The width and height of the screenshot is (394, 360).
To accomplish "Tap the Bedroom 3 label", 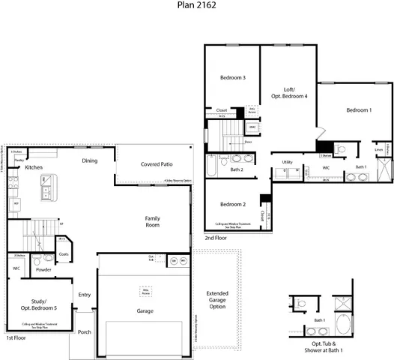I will tap(232, 78).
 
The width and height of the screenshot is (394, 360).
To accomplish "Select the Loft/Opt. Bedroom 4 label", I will tap(289, 91).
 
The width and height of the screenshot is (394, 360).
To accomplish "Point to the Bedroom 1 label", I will tap(358, 110).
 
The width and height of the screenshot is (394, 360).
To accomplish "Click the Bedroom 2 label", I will tap(233, 204).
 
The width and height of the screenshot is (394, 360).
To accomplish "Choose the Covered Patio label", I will tap(156, 164).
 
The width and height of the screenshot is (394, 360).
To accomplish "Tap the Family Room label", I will tap(152, 221).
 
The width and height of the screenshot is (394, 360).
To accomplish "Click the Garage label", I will tap(145, 309).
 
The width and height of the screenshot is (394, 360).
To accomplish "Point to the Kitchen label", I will tap(34, 167).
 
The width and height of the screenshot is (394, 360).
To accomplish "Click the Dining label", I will tap(90, 160).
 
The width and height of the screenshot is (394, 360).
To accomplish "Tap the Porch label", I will tap(85, 331).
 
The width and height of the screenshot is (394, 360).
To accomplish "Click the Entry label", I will tap(84, 295).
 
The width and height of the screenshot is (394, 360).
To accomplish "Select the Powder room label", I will tap(43, 269).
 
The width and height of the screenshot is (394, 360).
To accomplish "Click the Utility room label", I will tap(287, 162).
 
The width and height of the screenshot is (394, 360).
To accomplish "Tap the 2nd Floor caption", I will tap(216, 238).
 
